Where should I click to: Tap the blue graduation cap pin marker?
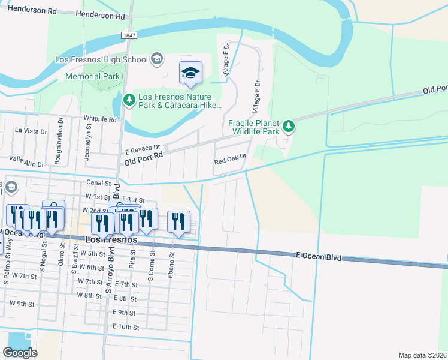(x=191, y=74)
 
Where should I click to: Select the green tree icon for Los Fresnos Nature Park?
(x=129, y=99)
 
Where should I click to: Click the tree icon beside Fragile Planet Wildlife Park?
(x=289, y=125)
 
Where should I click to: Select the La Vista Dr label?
(x=31, y=130)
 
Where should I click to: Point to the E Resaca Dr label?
(x=143, y=148)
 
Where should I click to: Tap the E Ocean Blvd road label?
(x=318, y=256)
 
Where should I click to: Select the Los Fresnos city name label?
(x=111, y=239)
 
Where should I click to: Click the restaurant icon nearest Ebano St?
(x=178, y=222)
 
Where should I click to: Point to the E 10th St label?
(x=126, y=328)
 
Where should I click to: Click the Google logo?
(x=20, y=353)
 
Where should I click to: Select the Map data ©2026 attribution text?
(x=423, y=355)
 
